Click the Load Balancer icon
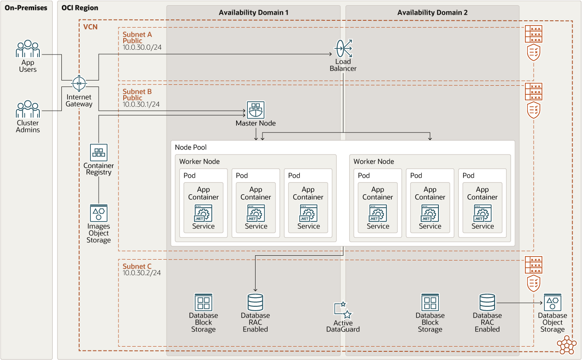click(343, 48)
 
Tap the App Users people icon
click(28, 49)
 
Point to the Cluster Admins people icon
click(28, 109)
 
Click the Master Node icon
click(256, 110)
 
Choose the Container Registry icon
click(99, 153)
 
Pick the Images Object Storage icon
click(99, 213)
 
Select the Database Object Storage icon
click(552, 302)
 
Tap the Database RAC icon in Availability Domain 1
click(255, 302)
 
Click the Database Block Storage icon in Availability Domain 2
click(430, 302)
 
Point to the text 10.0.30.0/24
click(142, 48)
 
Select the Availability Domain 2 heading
click(432, 13)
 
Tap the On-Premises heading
click(26, 8)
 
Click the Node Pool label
click(191, 148)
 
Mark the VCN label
click(90, 27)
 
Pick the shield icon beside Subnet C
click(534, 283)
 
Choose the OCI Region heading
click(80, 8)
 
